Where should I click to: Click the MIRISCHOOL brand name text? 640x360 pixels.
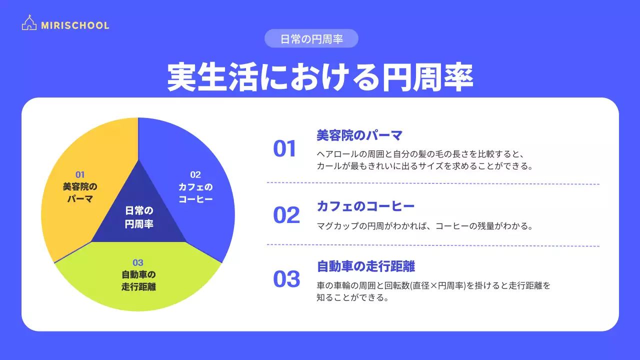(x=75, y=25)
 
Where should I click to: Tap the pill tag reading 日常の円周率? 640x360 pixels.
(x=311, y=39)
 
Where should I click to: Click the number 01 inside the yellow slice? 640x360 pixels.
(x=80, y=174)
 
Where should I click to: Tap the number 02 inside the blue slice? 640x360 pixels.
(x=195, y=174)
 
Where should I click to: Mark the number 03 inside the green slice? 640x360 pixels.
(x=138, y=262)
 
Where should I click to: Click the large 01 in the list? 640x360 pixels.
(x=285, y=149)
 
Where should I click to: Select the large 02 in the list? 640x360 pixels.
(x=286, y=215)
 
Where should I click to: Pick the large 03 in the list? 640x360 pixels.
(x=286, y=279)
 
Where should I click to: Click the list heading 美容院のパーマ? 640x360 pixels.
(x=360, y=135)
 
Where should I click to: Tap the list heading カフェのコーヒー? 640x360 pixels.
(x=365, y=206)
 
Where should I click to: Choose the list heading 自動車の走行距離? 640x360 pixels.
(x=366, y=266)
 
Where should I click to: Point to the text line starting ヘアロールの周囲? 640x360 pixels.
(x=420, y=153)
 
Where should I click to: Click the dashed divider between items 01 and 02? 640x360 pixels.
(x=433, y=183)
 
